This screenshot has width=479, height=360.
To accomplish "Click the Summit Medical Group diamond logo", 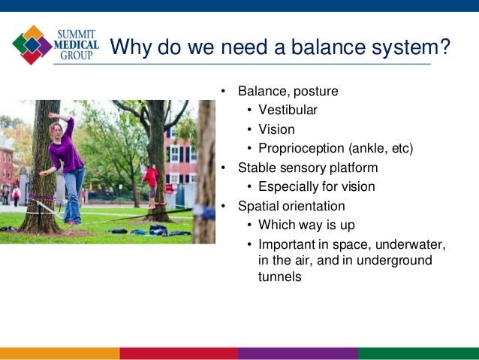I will pos(32,44).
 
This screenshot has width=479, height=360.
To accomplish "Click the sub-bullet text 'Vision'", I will pos(276,129).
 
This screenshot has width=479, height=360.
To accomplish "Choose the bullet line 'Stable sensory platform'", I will pos(308,168).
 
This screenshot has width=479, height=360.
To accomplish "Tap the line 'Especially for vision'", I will pos(316,186).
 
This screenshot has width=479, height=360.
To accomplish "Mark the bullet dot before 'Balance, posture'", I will pos(223,92).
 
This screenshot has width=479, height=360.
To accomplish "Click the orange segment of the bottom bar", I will pos(59,353).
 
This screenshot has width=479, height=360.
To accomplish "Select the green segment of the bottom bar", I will pos(418,353).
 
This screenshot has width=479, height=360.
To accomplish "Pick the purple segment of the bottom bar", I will pos(298,353).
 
